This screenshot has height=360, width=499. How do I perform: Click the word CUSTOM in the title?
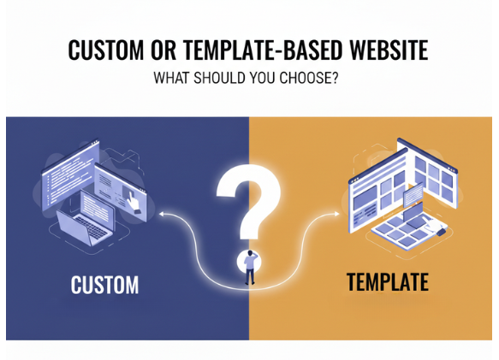[104, 50]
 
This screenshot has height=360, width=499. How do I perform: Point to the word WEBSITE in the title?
[389, 50]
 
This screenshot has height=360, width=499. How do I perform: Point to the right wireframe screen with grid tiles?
[433, 179]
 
